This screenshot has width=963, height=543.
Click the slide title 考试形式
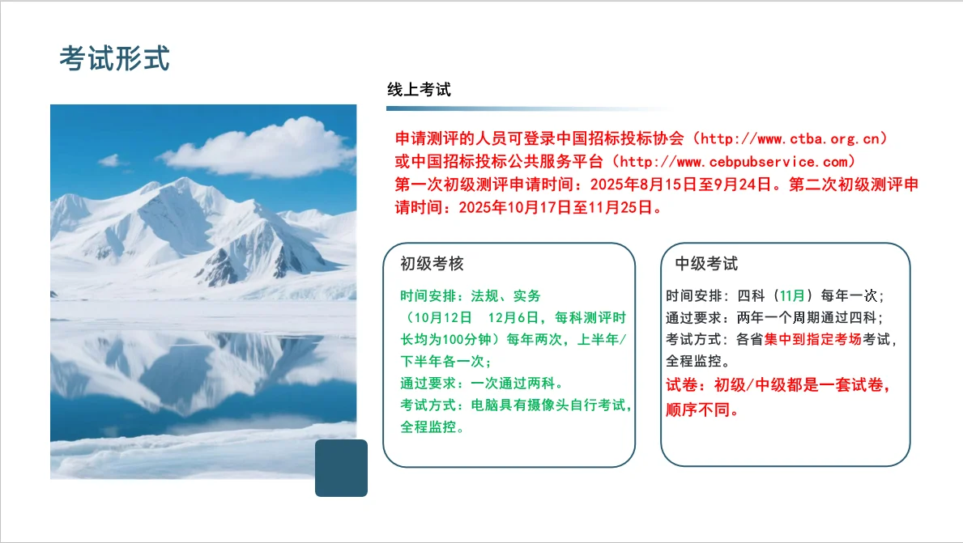(114, 58)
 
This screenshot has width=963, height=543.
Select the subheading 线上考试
(419, 90)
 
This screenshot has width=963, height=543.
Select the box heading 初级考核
(432, 264)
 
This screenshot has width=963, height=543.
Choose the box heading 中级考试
(706, 264)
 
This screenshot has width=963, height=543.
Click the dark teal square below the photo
(341, 468)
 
